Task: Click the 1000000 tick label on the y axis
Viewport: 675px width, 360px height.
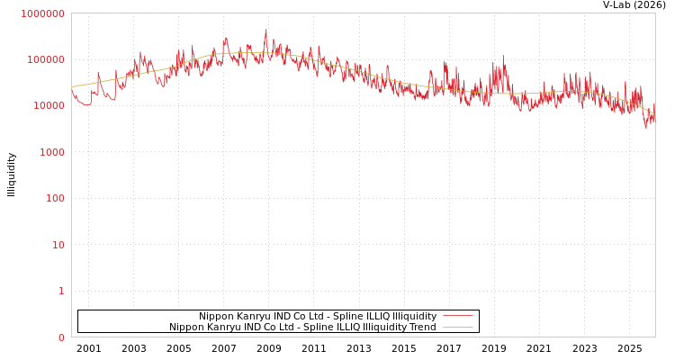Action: pos(42,13)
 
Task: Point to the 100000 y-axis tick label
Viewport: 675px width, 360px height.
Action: pos(45,59)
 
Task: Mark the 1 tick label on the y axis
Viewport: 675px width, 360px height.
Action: pos(61,291)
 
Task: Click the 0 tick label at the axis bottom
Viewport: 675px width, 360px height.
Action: pos(61,337)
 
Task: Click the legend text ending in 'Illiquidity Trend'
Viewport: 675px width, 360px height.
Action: pos(302,327)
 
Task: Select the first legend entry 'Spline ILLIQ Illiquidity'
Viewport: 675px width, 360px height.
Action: pos(318,316)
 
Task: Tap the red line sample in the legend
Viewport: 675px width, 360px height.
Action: pos(457,316)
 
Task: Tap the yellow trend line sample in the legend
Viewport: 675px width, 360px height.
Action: pos(457,327)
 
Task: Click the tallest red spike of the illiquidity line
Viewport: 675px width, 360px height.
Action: pos(265,30)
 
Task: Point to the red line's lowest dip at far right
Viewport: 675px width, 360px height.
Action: pos(645,128)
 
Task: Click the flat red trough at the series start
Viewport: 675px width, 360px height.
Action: pos(85,104)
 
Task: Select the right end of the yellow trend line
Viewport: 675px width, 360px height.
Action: pos(654,114)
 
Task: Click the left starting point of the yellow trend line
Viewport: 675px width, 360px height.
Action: pos(72,87)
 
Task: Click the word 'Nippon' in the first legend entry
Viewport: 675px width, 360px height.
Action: pos(216,316)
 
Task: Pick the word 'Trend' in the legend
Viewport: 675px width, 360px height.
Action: pos(421,327)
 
